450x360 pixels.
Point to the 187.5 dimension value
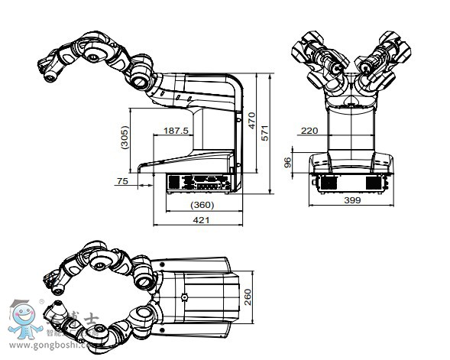point(176,131)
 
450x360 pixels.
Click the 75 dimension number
point(122,181)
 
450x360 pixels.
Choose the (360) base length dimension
point(201,206)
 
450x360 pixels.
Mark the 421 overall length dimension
point(200,220)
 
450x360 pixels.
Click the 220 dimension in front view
point(309,131)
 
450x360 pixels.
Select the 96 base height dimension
point(288,162)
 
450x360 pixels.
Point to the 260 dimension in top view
point(247,297)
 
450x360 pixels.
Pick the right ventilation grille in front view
point(374,183)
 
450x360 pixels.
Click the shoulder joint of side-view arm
point(141,76)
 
